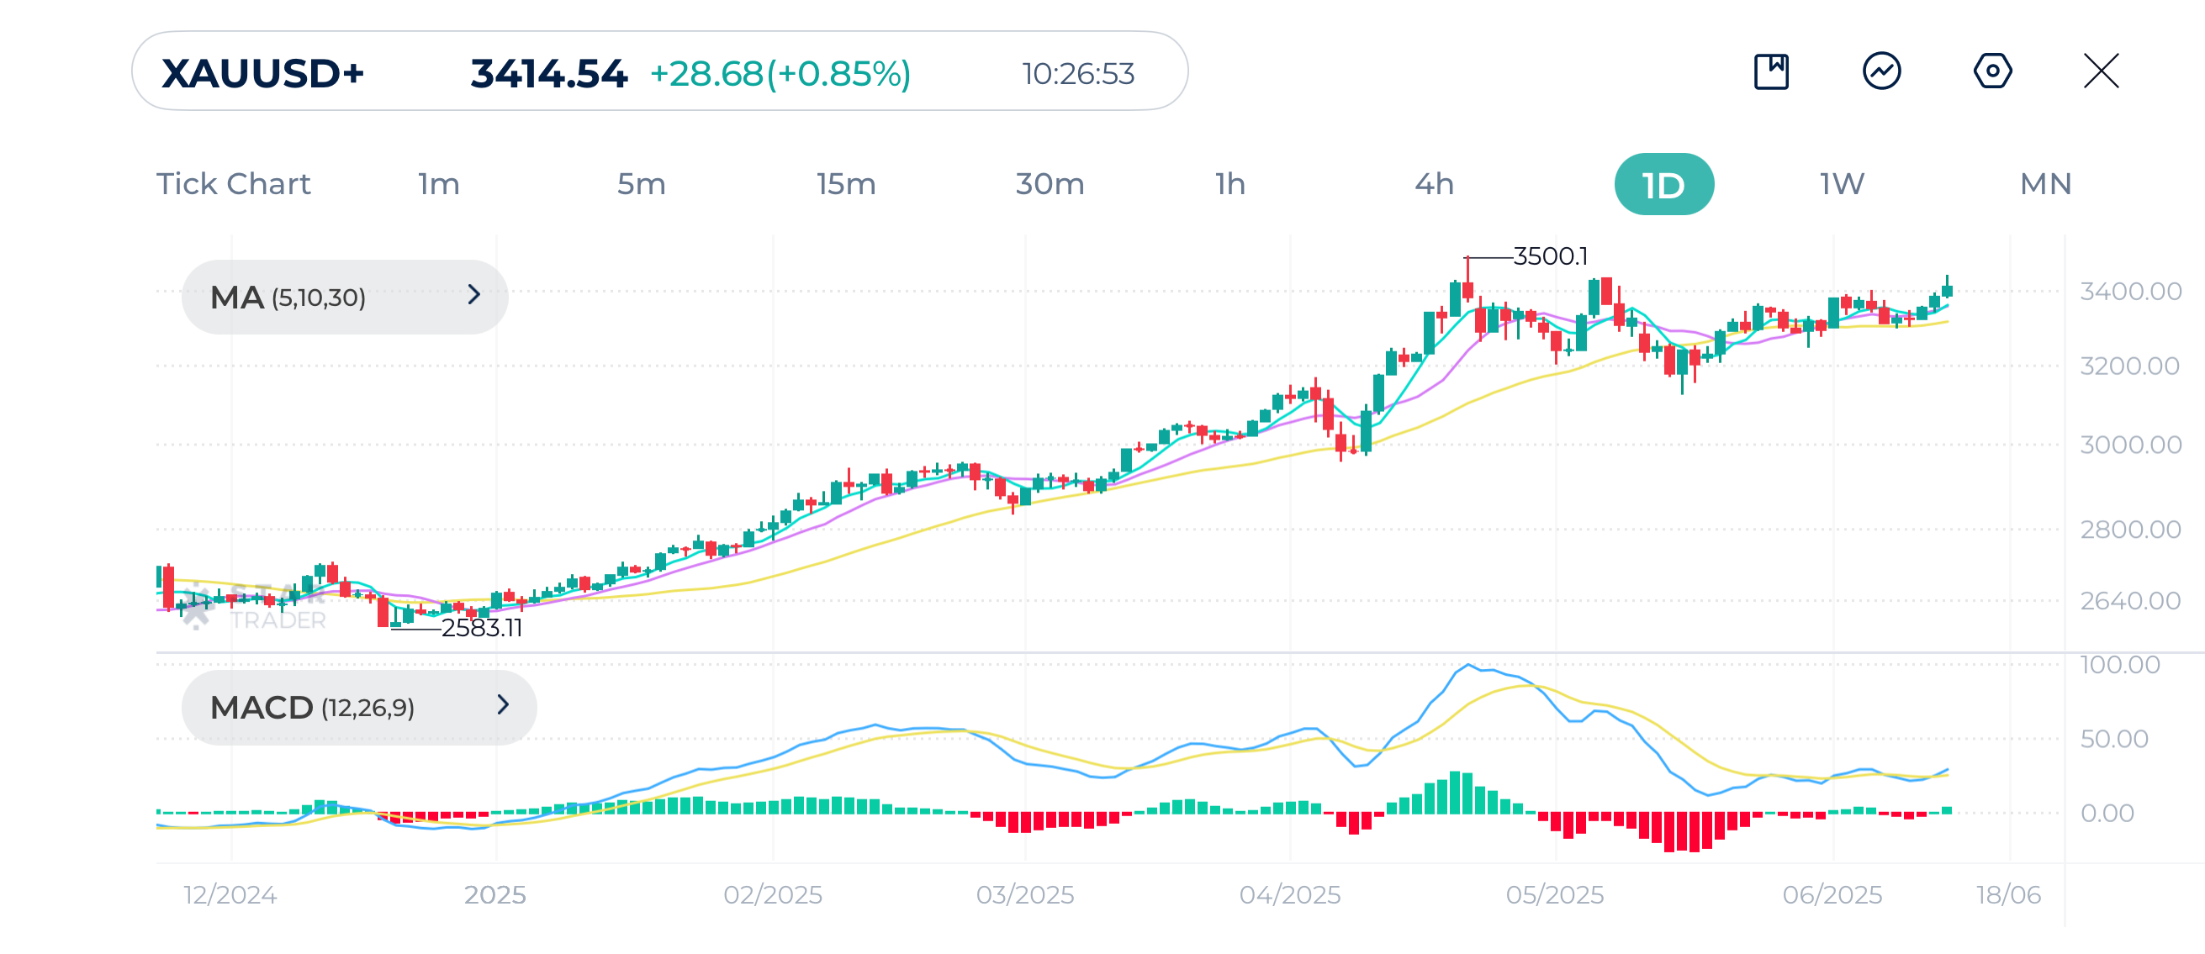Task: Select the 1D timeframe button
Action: point(1663,185)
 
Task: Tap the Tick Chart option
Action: point(233,184)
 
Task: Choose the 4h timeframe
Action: point(1434,184)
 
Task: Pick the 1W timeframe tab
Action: point(1841,184)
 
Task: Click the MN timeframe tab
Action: point(2045,184)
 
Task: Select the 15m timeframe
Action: point(846,184)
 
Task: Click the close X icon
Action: point(2101,71)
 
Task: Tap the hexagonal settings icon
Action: point(1992,71)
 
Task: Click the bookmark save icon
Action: point(1771,71)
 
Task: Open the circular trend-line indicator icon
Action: point(1881,71)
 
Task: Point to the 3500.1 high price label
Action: point(1550,256)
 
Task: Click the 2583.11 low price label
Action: point(481,628)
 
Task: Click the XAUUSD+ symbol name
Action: point(262,73)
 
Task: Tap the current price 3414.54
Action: point(548,74)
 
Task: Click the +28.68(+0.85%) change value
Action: point(780,74)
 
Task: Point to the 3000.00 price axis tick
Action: point(2129,445)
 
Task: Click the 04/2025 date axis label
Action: point(1290,895)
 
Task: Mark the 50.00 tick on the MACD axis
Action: point(2113,738)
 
